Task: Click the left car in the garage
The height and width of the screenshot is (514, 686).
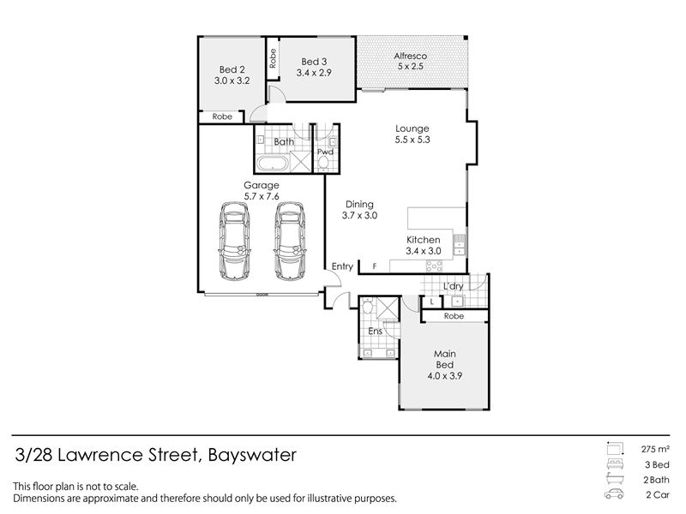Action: tap(234, 241)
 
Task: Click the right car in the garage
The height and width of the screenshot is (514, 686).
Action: tap(290, 241)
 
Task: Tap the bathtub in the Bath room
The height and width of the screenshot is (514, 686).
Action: tap(272, 164)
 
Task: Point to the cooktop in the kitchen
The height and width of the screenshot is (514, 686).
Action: tap(434, 266)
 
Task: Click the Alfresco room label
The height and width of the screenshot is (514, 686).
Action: tap(411, 56)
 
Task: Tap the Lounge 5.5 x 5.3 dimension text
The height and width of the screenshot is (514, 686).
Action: tap(412, 140)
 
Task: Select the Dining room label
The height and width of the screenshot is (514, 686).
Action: tap(359, 204)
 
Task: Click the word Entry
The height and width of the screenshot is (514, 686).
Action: tap(342, 266)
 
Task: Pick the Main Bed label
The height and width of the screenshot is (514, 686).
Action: tap(445, 359)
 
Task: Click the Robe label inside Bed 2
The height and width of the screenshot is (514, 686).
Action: tap(222, 117)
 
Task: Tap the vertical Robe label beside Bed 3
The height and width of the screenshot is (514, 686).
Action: tap(273, 58)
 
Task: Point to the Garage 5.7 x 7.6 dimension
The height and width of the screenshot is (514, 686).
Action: tap(262, 197)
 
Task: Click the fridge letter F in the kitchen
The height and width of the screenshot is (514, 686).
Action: tap(375, 266)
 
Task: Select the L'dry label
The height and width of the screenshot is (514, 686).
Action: tap(454, 286)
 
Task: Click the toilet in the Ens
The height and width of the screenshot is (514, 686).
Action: tap(368, 307)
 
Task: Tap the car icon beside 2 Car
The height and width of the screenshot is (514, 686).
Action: tap(614, 494)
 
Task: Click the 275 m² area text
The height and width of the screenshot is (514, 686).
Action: tap(655, 449)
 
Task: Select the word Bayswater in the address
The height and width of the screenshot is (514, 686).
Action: tap(252, 455)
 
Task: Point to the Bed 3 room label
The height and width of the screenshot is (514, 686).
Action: tap(314, 62)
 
